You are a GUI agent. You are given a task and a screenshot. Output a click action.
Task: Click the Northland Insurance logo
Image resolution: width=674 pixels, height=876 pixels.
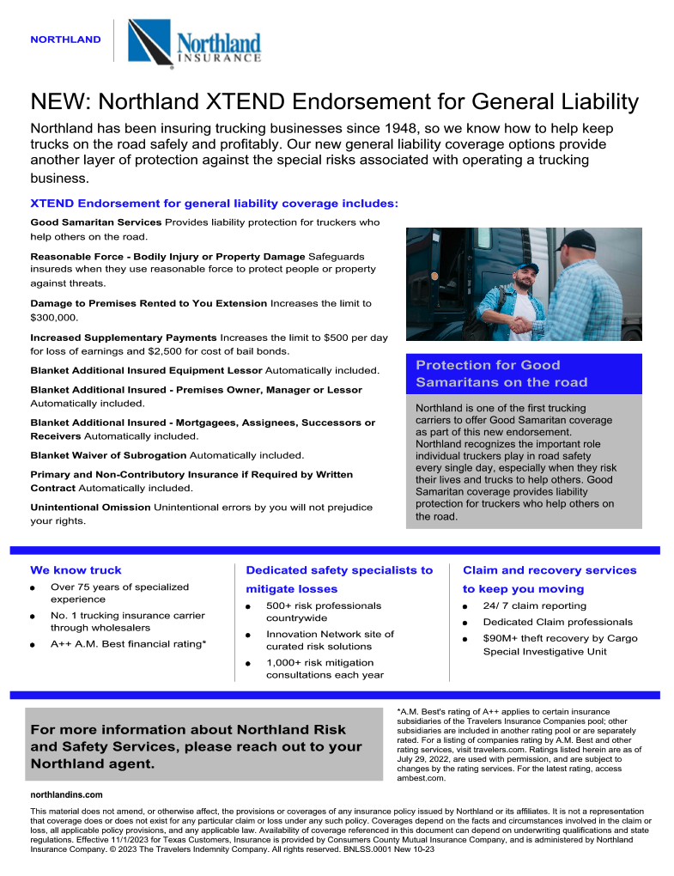(194, 42)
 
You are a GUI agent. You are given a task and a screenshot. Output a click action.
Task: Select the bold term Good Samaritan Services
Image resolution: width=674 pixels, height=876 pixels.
(95, 222)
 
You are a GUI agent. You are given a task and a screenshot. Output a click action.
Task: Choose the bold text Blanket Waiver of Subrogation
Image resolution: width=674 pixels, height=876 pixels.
(108, 455)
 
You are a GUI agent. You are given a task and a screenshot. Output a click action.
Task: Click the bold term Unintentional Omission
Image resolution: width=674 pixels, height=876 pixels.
(90, 508)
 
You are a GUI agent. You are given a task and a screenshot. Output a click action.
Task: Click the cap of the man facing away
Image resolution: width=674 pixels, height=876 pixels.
(574, 240)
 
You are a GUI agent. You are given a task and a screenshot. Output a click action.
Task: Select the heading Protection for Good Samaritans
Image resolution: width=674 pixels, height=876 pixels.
(501, 374)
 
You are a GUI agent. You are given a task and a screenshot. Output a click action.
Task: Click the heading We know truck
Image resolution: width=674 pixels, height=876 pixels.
(76, 570)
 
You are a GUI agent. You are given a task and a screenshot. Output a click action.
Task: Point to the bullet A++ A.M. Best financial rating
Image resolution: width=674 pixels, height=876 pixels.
(128, 643)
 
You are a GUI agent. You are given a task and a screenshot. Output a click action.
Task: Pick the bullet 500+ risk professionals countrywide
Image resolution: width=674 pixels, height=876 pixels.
(323, 611)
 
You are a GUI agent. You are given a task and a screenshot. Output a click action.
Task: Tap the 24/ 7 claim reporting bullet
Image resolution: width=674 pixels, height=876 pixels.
(534, 605)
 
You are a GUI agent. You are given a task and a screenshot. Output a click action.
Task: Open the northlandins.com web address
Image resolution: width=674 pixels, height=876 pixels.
(66, 795)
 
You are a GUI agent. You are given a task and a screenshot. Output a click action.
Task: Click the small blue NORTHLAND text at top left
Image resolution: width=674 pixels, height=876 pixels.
(65, 40)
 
